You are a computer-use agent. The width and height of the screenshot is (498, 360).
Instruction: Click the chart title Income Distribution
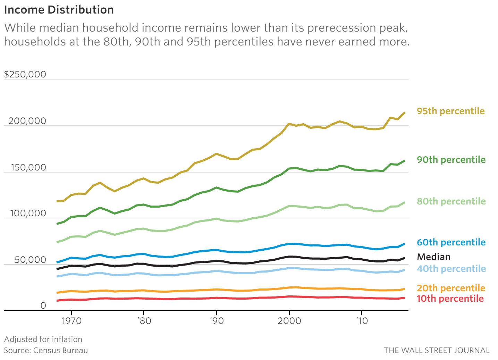coord(59,10)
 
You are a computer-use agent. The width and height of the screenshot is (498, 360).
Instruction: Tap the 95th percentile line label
coord(450,111)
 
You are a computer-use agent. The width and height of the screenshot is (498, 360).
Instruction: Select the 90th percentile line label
coord(451,160)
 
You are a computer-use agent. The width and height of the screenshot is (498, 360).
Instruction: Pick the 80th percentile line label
coord(451,201)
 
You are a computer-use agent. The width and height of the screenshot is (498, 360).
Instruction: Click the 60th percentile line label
coord(451,242)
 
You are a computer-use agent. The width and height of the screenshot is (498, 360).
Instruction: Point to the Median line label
coord(433,257)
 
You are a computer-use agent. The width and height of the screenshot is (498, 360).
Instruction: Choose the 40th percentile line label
coord(451,269)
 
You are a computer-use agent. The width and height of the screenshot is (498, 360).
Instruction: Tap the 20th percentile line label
coord(450,288)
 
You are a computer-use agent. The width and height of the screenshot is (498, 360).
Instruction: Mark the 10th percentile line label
coord(450,299)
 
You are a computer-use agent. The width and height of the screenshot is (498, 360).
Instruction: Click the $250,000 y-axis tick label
coord(25,74)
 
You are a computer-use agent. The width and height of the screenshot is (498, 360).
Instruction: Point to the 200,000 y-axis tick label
coord(27,121)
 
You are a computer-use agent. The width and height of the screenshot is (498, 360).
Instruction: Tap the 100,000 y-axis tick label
coord(28,214)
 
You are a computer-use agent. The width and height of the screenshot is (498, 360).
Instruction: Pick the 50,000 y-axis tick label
coord(30,260)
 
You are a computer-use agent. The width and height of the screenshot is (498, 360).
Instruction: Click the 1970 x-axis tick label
coord(71,320)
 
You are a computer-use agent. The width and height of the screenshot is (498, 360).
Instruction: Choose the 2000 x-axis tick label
coord(289,320)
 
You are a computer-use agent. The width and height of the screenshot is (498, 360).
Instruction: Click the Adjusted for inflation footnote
coord(43,339)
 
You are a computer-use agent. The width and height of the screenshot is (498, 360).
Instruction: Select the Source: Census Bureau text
coord(46,350)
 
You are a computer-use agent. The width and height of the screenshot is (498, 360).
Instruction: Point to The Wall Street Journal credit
coord(436,350)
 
